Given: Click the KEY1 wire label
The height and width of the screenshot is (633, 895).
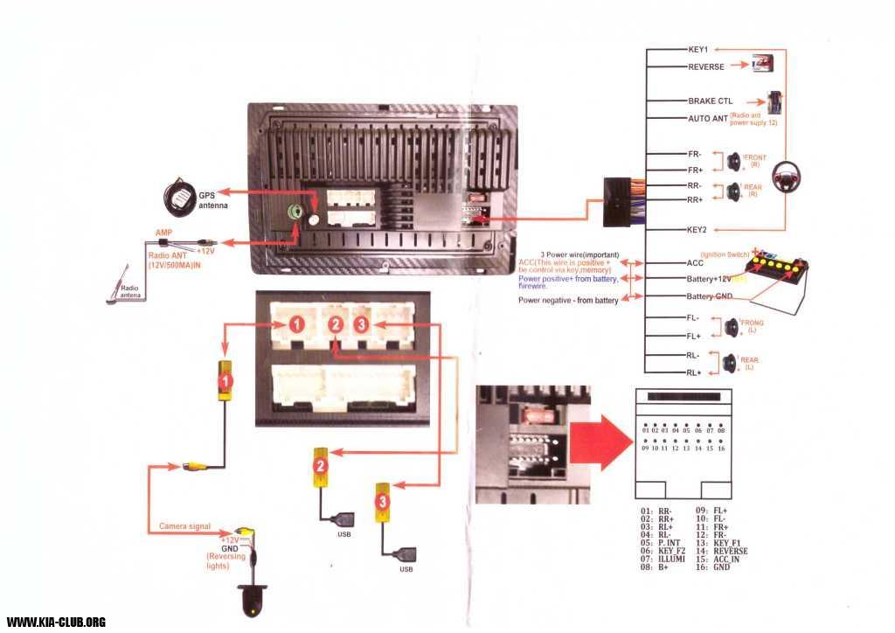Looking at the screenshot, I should click(x=698, y=50).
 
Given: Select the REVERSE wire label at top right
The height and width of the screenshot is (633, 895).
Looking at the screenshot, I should click(x=706, y=66).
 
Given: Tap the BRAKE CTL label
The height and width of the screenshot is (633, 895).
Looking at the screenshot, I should click(x=710, y=101).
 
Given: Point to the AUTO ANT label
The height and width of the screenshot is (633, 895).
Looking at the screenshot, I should click(x=709, y=118).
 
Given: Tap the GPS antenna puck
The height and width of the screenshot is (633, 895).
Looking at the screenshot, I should click(x=182, y=197).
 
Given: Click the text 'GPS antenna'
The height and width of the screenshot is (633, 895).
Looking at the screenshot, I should click(x=212, y=200).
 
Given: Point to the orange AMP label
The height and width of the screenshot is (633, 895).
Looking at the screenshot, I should click(x=164, y=233).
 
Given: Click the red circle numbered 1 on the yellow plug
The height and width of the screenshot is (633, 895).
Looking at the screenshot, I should click(x=225, y=382).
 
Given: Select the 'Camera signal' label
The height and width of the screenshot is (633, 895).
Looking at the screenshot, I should click(x=184, y=526).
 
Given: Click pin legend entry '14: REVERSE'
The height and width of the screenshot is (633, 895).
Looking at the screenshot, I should click(x=721, y=552).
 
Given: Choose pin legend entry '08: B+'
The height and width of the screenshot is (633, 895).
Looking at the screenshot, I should click(x=656, y=567).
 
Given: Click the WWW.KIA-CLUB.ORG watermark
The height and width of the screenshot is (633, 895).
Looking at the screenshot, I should click(x=56, y=622).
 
